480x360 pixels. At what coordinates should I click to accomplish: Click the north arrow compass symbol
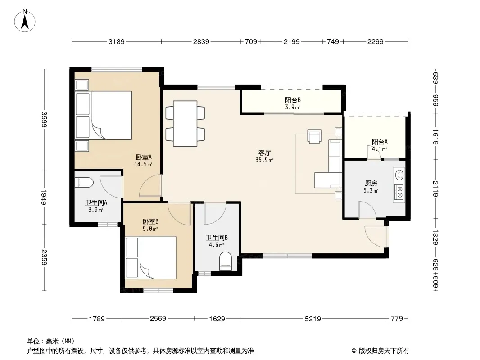pyautogui.click(x=25, y=21)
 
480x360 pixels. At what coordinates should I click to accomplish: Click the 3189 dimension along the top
pyautogui.click(x=116, y=41)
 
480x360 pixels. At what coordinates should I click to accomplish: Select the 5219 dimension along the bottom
pyautogui.click(x=313, y=319)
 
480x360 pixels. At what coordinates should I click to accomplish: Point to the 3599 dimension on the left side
pyautogui.click(x=45, y=120)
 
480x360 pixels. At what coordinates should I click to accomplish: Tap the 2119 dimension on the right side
pyautogui.click(x=436, y=189)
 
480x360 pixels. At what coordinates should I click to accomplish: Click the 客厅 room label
pyautogui.click(x=264, y=153)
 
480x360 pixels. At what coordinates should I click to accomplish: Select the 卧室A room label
pyautogui.click(x=144, y=157)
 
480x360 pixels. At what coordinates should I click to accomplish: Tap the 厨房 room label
pyautogui.click(x=371, y=184)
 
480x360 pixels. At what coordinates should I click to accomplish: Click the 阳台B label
pyautogui.click(x=293, y=100)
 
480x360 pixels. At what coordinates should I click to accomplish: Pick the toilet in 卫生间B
pyautogui.click(x=226, y=261)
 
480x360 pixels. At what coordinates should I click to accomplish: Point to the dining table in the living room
pyautogui.click(x=185, y=124)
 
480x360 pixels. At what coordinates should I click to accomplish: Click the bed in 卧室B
pyautogui.click(x=150, y=257)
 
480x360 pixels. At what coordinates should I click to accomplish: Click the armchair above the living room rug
pyautogui.click(x=314, y=136)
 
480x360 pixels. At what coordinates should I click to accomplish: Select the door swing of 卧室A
pyautogui.click(x=150, y=186)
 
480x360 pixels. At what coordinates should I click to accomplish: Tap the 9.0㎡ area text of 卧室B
pyautogui.click(x=150, y=229)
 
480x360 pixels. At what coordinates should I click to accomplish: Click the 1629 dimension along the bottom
pyautogui.click(x=217, y=319)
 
